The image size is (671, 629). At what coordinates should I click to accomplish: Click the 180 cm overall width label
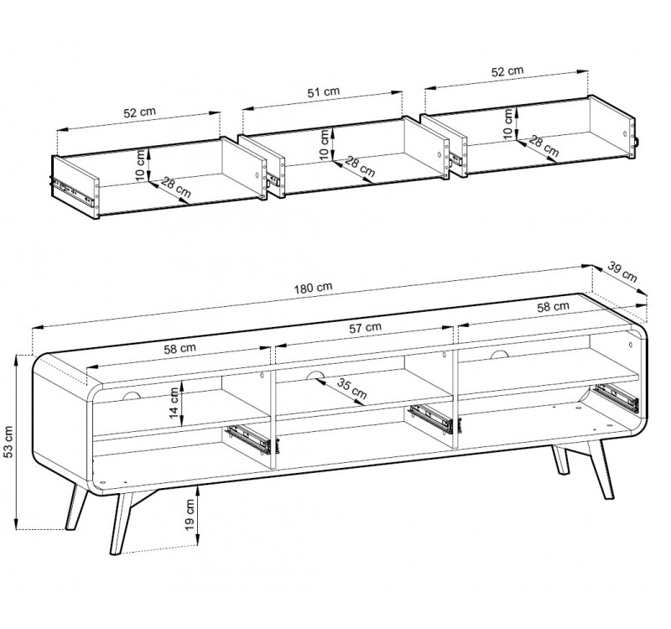point(313,288)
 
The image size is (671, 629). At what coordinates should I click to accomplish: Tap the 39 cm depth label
point(622,273)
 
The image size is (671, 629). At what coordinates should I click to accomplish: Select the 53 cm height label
point(8,442)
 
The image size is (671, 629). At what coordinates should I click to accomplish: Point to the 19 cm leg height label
point(190,515)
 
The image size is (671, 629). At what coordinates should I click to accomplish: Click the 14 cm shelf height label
point(174,403)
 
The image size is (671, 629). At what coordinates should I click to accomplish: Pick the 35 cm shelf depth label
point(351,388)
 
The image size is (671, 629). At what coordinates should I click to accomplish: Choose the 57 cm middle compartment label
point(365,328)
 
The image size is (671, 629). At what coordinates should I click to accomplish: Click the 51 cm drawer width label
point(324,92)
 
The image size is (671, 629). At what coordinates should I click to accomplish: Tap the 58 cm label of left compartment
point(179,349)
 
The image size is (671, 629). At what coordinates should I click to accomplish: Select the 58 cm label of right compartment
point(554,306)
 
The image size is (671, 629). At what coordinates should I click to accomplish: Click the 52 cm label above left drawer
point(139,112)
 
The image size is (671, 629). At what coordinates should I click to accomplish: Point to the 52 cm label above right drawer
point(507,71)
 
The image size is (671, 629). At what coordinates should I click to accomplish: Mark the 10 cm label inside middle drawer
point(325,144)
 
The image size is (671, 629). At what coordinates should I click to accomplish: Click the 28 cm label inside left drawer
point(176,188)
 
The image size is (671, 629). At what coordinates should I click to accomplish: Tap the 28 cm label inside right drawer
point(544,146)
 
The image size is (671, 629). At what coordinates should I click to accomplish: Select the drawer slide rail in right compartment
point(616,398)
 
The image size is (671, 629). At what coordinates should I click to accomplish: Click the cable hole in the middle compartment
point(315,375)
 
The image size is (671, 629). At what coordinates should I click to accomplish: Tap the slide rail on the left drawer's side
point(72,190)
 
